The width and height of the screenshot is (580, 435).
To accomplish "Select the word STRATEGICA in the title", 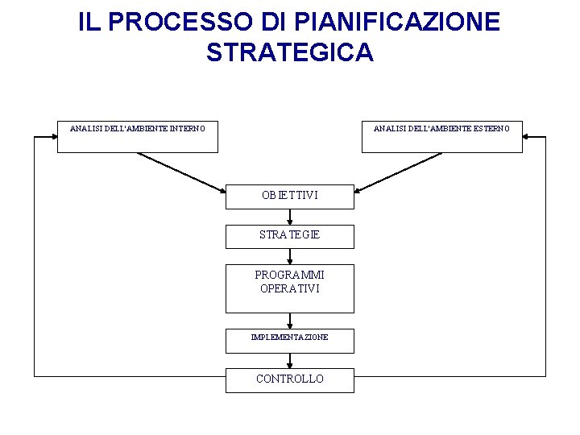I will coord(290,52).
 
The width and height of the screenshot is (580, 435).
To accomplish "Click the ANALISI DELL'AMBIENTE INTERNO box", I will coord(137,136).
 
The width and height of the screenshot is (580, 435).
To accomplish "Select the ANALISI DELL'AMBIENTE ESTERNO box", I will coord(441,136).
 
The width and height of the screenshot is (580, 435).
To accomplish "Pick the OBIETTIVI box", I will coord(289,197).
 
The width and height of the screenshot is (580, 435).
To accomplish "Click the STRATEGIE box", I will coord(289,235).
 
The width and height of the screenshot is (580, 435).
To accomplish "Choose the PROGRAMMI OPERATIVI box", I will coord(289,288).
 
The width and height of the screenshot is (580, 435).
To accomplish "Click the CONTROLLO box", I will coord(289,380).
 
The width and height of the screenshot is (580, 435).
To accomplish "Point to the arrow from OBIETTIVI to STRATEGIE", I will coord(290,217).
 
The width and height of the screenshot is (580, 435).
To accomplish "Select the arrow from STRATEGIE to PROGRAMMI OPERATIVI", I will coord(290,256).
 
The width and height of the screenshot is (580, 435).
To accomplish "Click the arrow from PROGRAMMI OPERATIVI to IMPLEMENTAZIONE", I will coord(290,321).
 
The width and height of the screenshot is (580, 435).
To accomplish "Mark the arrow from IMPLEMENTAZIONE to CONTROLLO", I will coord(290,361).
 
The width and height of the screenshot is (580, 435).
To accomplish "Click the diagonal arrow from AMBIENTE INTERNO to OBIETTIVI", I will coord(181,172).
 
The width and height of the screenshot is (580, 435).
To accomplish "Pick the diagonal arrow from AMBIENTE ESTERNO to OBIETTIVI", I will coord(399,172).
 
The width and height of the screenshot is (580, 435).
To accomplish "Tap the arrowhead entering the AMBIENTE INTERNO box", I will coord(52,137).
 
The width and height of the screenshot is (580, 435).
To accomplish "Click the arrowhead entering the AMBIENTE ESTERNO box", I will coord(528,137).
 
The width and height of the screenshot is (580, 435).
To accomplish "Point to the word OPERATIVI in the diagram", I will coord(290,288).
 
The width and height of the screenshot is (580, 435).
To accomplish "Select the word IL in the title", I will coord(89,22).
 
